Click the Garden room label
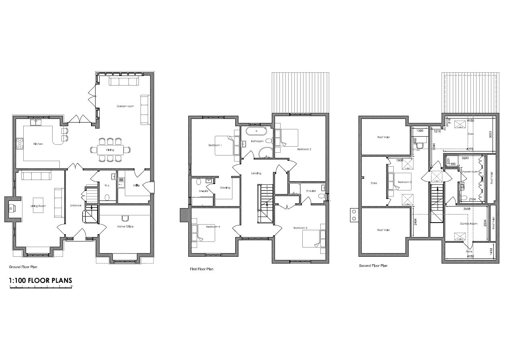(x=125, y=106)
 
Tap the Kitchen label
(x=38, y=144)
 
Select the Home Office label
(x=125, y=227)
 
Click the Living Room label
(x=39, y=206)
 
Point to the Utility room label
(x=136, y=185)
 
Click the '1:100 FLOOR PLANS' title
(x=40, y=280)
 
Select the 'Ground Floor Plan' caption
(x=23, y=267)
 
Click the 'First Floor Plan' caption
(x=202, y=269)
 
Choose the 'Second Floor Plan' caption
(x=373, y=266)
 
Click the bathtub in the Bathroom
(x=256, y=131)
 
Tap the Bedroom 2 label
(x=304, y=149)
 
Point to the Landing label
(x=256, y=173)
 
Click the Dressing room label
(x=225, y=187)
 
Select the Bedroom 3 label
(x=300, y=228)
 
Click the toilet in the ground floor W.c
(x=106, y=197)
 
